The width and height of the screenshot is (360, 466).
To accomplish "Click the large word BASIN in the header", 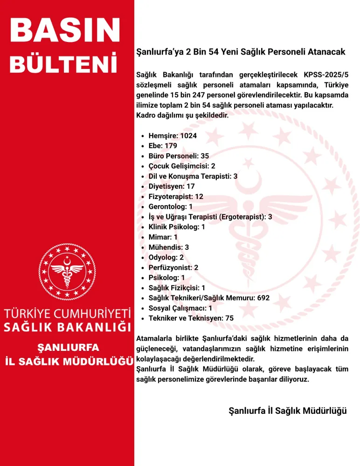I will (x=65, y=32).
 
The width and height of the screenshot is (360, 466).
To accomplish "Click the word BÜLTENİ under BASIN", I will (x=63, y=65).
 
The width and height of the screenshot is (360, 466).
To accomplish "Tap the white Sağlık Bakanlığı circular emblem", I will (x=67, y=270).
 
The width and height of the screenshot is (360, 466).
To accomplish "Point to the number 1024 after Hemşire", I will (x=188, y=136).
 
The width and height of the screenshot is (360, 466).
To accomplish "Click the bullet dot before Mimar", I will (x=142, y=237).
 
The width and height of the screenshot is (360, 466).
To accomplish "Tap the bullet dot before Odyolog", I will (x=142, y=258).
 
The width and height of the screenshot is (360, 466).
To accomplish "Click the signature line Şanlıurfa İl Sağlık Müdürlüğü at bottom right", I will (x=288, y=411).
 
